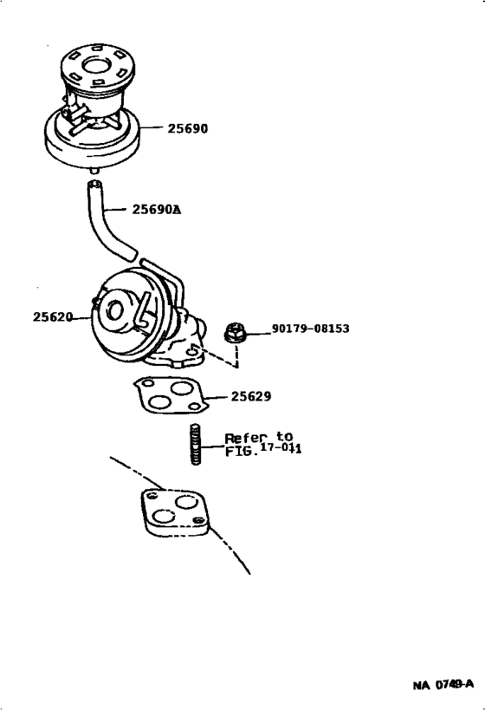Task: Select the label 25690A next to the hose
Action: [x=157, y=209]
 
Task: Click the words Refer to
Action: [x=259, y=437]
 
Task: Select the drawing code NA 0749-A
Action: [x=443, y=685]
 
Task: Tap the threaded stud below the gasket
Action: [x=195, y=446]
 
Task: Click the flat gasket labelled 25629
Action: [x=170, y=396]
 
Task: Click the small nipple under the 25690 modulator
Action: [x=94, y=174]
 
